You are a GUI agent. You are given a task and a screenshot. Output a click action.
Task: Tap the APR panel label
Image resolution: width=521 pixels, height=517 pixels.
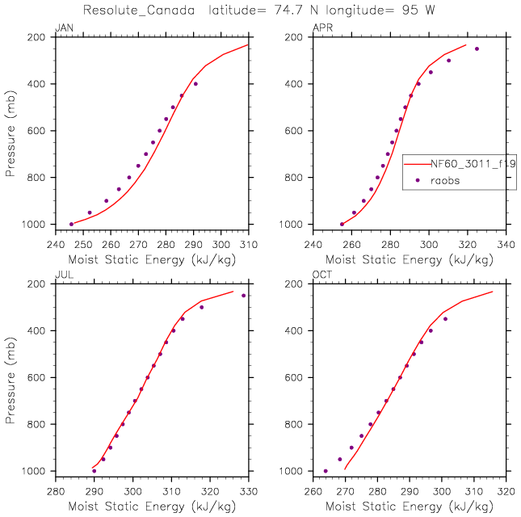coord(321,29)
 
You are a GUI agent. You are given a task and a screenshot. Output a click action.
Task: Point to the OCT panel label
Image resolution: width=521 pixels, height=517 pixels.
coord(321,275)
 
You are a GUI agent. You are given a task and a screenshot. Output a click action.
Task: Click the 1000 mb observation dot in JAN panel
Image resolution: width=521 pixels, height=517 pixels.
coord(71,224)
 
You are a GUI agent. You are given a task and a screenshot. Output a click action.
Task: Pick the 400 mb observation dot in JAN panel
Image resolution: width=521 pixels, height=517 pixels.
coord(195,84)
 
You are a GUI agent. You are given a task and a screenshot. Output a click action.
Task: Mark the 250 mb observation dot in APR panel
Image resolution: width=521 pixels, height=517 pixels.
coord(477,48)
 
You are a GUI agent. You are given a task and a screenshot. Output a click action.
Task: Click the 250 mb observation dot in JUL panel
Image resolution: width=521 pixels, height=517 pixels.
coord(243,295)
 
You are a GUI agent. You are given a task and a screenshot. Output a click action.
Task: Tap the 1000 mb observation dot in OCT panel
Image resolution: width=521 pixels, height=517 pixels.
coord(326,471)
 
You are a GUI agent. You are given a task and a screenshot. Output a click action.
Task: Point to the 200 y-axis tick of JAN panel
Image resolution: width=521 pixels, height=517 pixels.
coord(42,37)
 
